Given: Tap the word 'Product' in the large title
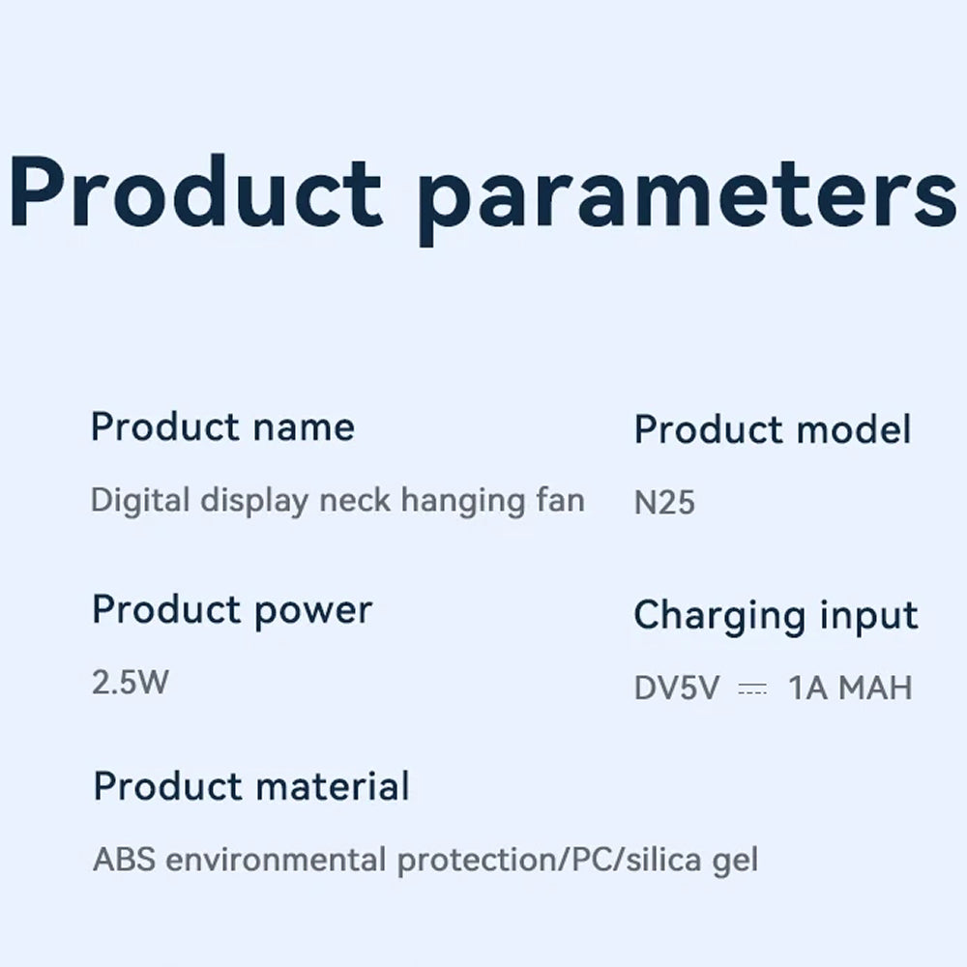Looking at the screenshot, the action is [195, 191].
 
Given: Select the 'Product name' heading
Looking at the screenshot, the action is [222, 426].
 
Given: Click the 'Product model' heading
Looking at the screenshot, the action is [772, 429].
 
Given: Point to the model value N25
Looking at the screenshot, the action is [664, 502].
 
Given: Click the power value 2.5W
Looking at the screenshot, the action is [131, 682].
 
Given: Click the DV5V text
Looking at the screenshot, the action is [677, 688].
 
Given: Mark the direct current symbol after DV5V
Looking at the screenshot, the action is [752, 689].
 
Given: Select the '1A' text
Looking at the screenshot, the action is [807, 688].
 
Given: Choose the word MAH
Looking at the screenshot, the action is [876, 688].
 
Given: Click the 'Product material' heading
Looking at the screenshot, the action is [251, 785].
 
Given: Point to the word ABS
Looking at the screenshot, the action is [124, 859].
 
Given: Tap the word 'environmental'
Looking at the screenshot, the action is [276, 860].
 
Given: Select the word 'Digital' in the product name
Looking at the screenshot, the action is [140, 501].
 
